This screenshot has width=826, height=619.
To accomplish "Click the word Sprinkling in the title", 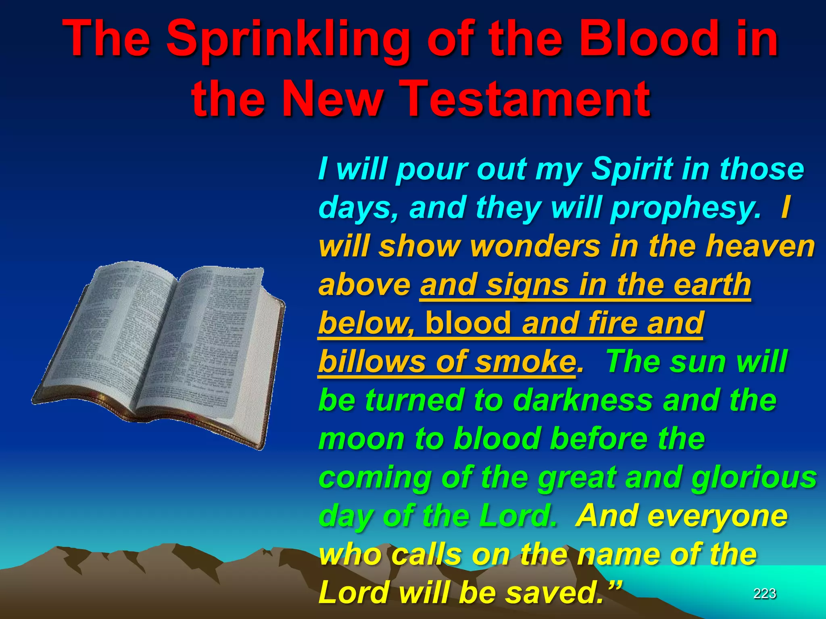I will [x=288, y=40].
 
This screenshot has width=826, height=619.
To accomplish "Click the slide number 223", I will [x=765, y=593].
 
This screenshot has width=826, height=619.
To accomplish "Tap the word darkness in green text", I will [x=582, y=400].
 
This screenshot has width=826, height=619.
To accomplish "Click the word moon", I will [x=361, y=438].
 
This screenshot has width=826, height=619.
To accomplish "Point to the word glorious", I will [x=754, y=477].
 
